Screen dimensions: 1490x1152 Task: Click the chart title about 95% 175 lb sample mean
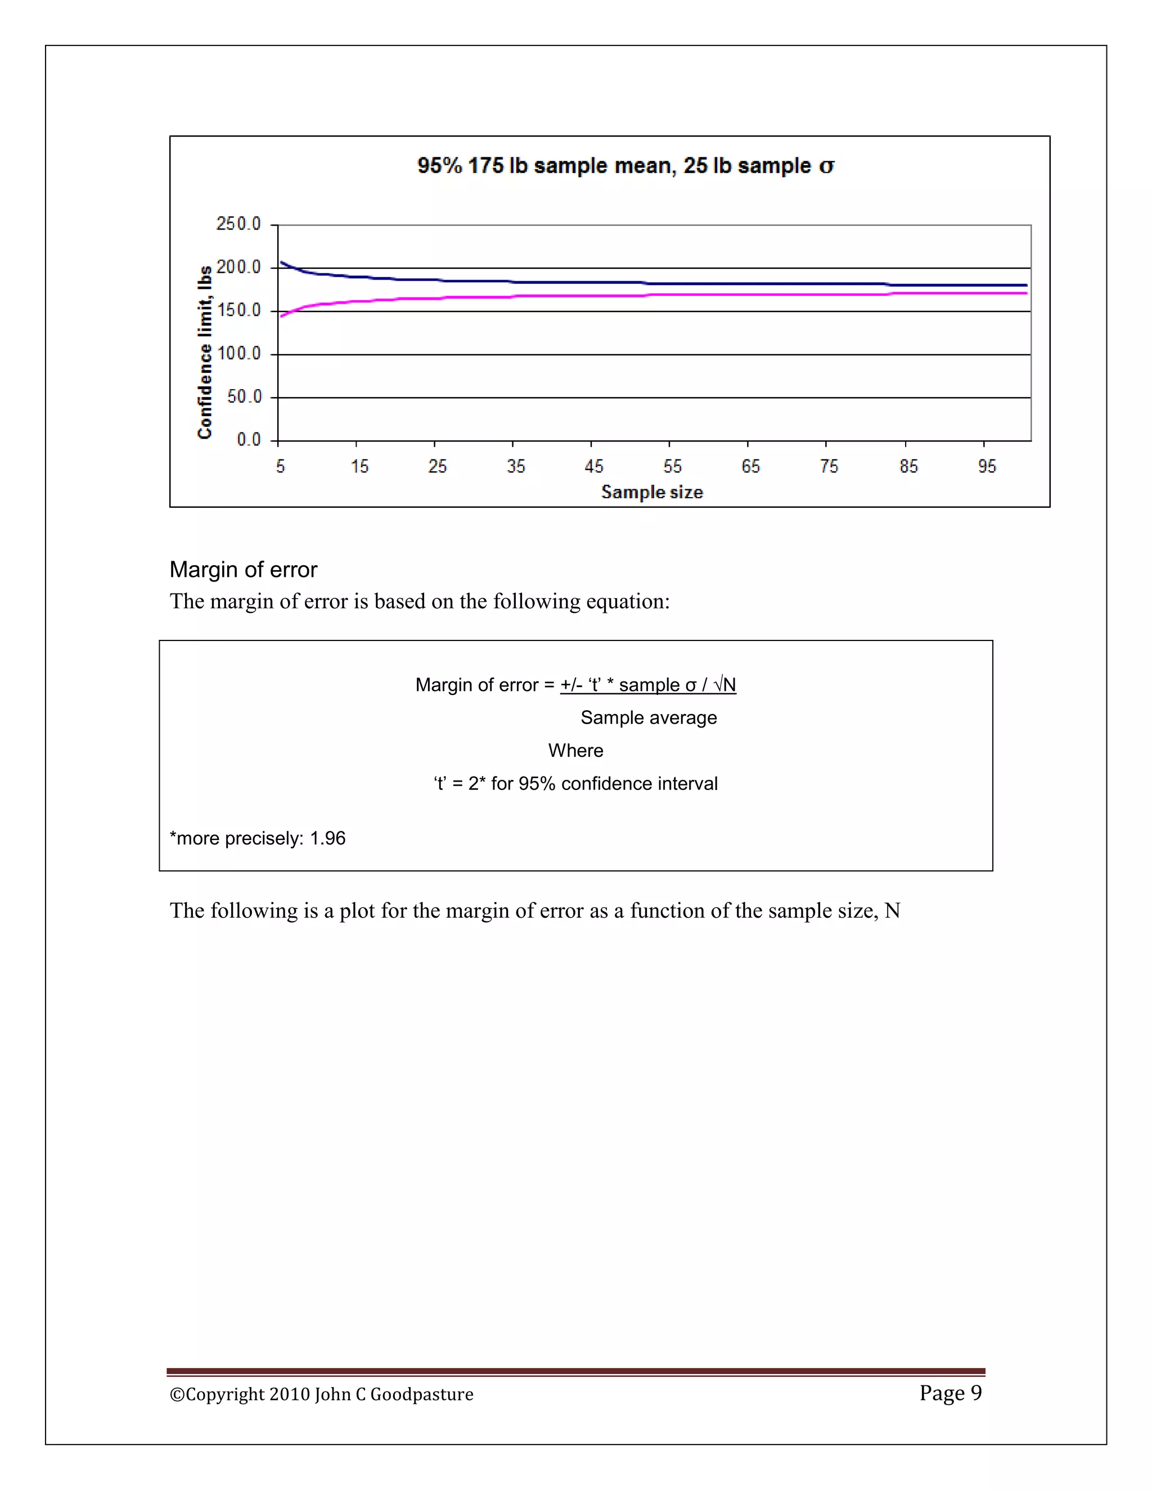[624, 166]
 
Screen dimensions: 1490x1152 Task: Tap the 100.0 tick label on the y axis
[239, 354]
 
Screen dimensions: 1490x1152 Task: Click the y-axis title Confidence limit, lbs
[205, 352]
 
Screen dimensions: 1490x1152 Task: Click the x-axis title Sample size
[652, 492]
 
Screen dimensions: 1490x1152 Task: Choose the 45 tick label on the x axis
[594, 466]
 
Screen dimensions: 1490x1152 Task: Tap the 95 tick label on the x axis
[987, 466]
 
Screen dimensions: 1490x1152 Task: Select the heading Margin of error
[243, 570]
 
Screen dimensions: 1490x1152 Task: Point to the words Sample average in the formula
[649, 717]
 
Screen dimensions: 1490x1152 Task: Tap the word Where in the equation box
[575, 751]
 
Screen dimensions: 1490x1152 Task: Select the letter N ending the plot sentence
[892, 911]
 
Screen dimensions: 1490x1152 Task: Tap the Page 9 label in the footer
[950, 1392]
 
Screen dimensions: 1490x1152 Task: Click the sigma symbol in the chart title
[826, 166]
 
